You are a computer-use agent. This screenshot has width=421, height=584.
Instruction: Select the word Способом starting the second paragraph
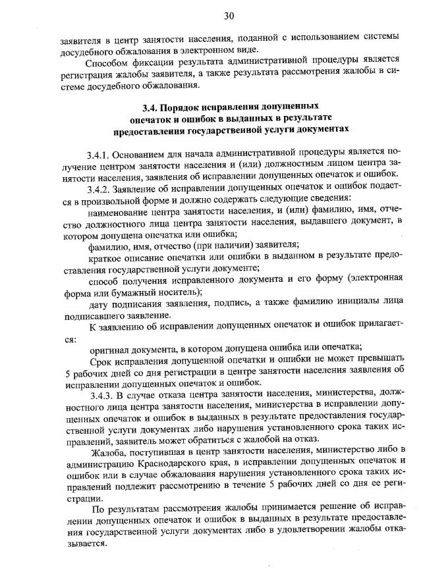(108, 63)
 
